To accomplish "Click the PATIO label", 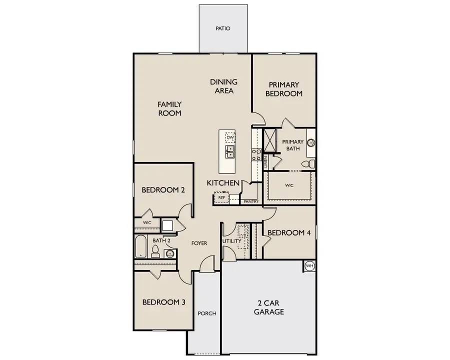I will pos(223,28).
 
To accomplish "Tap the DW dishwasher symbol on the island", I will pos(230,137).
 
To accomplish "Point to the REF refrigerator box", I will pos(221,198).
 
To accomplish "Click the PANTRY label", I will pos(250,201).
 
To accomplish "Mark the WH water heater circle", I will pos(309,266).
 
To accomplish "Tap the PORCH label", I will pos(207,313).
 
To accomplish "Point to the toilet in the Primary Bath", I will pos(310,164).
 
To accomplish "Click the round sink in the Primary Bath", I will pos(310,143).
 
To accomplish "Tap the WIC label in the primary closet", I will pos(289,185).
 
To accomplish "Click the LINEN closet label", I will pos(266,161).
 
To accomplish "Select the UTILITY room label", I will pos(232,241).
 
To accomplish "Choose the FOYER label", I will pos(199,243).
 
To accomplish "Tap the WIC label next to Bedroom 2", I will pos(147,222).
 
